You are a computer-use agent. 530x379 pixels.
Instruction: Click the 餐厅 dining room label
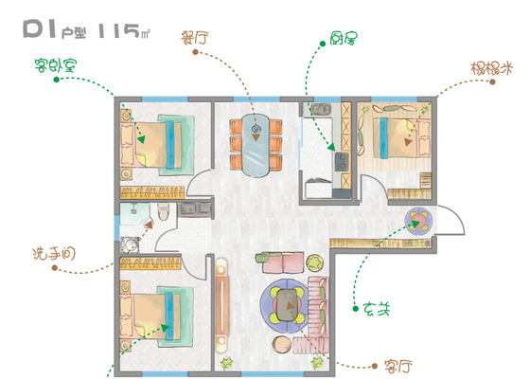(194, 38)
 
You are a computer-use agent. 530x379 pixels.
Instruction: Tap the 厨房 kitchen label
(344, 38)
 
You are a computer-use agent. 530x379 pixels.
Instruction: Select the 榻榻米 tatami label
(492, 68)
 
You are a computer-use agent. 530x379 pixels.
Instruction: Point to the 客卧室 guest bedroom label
(56, 65)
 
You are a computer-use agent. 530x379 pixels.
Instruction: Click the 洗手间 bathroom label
(54, 254)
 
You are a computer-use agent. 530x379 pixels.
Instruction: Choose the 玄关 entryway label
(377, 309)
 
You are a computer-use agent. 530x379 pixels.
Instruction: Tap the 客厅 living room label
(398, 367)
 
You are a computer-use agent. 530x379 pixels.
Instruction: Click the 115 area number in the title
(118, 30)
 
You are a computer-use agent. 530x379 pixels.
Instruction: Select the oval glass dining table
(256, 146)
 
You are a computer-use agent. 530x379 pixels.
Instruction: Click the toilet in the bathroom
(163, 212)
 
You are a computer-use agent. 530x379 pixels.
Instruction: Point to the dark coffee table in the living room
(288, 305)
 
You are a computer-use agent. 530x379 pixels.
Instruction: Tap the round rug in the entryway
(418, 222)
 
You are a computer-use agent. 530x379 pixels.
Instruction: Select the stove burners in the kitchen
(342, 162)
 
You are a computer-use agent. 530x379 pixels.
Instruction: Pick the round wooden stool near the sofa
(282, 345)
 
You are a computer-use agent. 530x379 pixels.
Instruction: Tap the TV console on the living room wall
(221, 302)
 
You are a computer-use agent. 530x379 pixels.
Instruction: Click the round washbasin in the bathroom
(131, 244)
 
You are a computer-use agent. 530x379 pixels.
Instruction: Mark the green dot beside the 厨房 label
(323, 44)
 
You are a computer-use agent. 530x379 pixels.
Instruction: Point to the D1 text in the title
(39, 28)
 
